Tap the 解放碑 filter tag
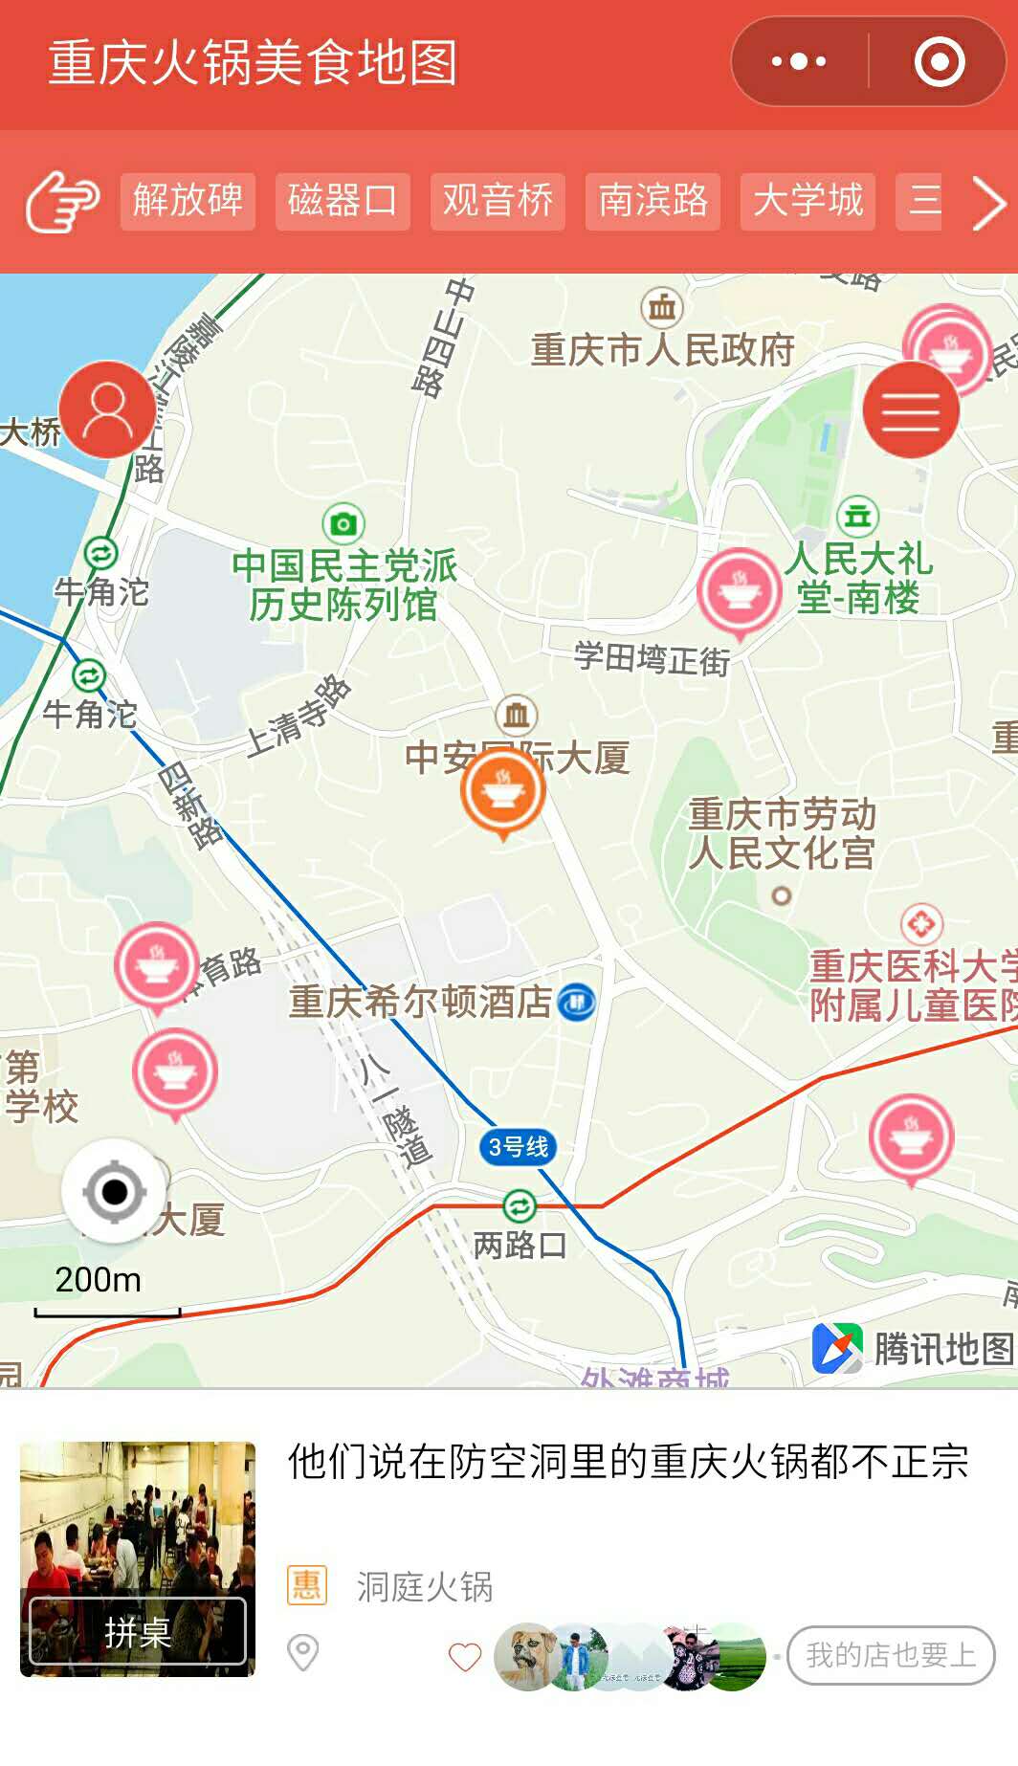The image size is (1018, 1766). (x=188, y=201)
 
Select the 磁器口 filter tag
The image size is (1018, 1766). (x=343, y=201)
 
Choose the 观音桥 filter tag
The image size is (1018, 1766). (x=498, y=201)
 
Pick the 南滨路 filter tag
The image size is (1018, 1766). (x=653, y=201)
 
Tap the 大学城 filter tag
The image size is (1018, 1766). (x=808, y=201)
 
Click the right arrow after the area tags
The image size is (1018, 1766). (x=988, y=203)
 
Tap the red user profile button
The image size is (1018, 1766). (x=107, y=409)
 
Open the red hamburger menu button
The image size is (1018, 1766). (x=911, y=409)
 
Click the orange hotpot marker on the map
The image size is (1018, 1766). (x=502, y=790)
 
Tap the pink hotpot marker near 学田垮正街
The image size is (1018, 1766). (x=739, y=590)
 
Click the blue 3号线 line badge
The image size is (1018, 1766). (x=518, y=1146)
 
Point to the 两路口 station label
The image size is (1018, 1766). (x=520, y=1244)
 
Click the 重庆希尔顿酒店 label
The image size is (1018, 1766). (x=421, y=1002)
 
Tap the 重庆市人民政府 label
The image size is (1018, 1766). (x=663, y=350)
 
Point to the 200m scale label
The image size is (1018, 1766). (x=98, y=1280)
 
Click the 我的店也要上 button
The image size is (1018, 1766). (x=891, y=1655)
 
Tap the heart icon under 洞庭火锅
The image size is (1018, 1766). (x=465, y=1656)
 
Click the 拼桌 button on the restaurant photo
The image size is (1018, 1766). (x=137, y=1631)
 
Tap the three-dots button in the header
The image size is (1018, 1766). (x=799, y=62)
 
